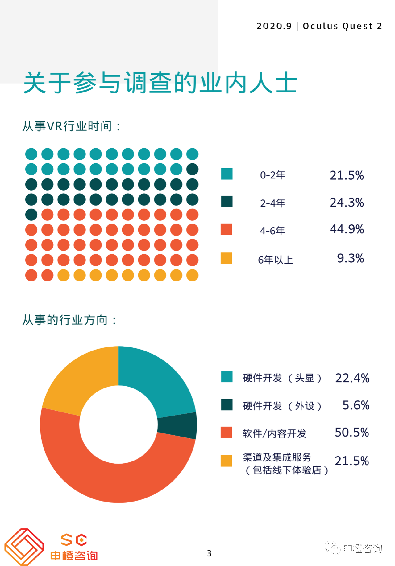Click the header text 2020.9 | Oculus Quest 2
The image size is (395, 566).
click(x=319, y=26)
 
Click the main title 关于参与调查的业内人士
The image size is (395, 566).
click(x=160, y=83)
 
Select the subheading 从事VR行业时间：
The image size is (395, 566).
click(x=72, y=126)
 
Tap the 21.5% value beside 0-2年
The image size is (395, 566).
click(x=347, y=175)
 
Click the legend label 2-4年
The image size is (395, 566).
click(x=272, y=203)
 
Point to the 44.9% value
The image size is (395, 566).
click(x=347, y=229)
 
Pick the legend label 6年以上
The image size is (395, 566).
click(x=275, y=260)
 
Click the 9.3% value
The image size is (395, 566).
click(x=350, y=258)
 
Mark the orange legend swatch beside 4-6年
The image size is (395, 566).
click(x=226, y=229)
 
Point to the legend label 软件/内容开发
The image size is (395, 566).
click(x=274, y=433)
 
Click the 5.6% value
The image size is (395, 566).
click(x=356, y=405)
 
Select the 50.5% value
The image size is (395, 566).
click(x=352, y=433)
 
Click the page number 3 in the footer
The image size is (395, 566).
click(x=209, y=553)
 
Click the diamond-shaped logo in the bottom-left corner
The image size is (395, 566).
click(x=24, y=547)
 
